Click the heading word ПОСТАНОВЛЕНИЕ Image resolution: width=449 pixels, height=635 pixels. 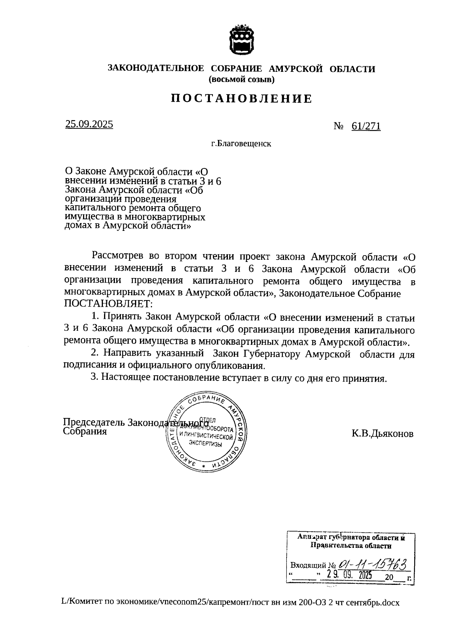tap(241, 98)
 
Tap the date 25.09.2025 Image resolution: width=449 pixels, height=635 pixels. tap(89, 125)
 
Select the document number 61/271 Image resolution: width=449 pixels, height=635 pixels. tap(366, 126)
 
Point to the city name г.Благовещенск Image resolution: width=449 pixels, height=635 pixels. tap(241, 144)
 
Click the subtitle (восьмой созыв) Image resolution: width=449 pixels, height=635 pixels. tap(241, 79)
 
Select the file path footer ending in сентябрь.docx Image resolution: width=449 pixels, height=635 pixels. tap(230, 603)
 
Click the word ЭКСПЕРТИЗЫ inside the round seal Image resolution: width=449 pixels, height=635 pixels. tap(206, 444)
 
